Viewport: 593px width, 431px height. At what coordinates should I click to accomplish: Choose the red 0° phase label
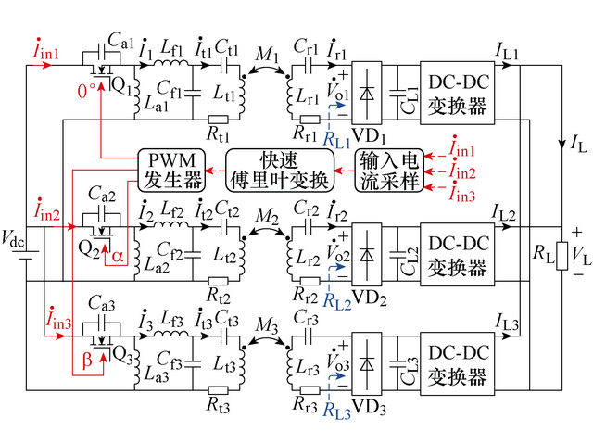(x=86, y=93)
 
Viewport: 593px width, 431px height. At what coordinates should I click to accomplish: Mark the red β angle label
(x=87, y=363)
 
